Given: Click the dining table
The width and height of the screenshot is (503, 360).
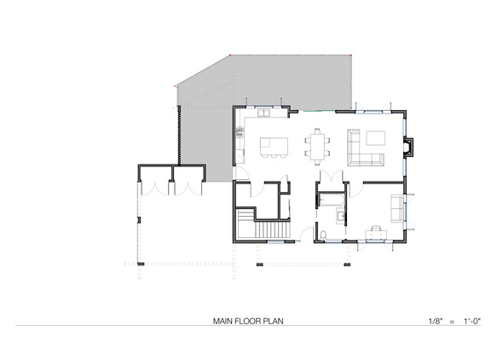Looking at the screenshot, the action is tap(317, 147).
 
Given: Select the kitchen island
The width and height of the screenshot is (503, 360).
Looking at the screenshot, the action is tap(274, 146).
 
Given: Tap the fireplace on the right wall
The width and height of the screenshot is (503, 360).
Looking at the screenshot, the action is tap(408, 148).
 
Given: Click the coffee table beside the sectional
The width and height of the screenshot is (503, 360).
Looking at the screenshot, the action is tap(376, 138).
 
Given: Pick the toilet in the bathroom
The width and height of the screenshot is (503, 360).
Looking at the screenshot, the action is tap(323, 235).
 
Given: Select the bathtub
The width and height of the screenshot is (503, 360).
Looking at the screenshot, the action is tap(331, 200).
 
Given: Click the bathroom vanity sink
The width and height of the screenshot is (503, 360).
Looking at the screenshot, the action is tap(341, 215).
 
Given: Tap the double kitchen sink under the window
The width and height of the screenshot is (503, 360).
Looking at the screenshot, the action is tap(264, 113).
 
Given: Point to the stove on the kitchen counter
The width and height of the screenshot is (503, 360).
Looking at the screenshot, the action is tap(240, 132).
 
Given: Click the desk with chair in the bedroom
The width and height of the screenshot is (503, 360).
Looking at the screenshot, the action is tap(376, 233).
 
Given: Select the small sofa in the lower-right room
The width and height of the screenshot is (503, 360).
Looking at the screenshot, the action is tap(397, 208).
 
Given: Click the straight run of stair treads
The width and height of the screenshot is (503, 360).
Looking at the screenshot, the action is tap(272, 229).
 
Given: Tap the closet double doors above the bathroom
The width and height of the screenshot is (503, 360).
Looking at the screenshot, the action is tap(332, 177).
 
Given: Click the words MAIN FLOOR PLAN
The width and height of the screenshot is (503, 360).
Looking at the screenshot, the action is tap(248, 321).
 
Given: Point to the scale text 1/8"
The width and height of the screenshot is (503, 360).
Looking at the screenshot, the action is tap(436, 321).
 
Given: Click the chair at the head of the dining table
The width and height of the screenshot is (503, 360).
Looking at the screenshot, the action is tap(317, 131).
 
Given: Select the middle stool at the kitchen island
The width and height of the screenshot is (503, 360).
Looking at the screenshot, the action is tap(274, 156).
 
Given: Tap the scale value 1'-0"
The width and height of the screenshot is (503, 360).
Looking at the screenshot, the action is tap(472, 321).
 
